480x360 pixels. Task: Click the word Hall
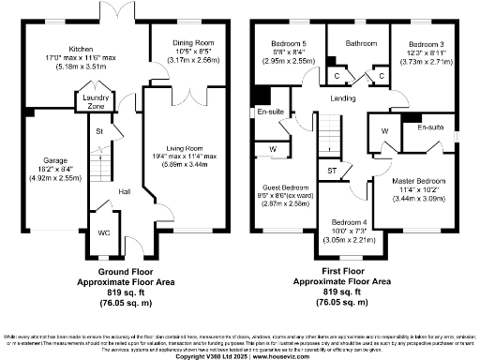[x=123, y=191]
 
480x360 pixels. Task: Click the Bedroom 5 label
[x=289, y=44]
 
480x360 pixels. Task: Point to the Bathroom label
[x=359, y=42]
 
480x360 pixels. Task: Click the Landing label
[x=342, y=97]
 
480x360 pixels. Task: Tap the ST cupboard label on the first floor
[x=332, y=170]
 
